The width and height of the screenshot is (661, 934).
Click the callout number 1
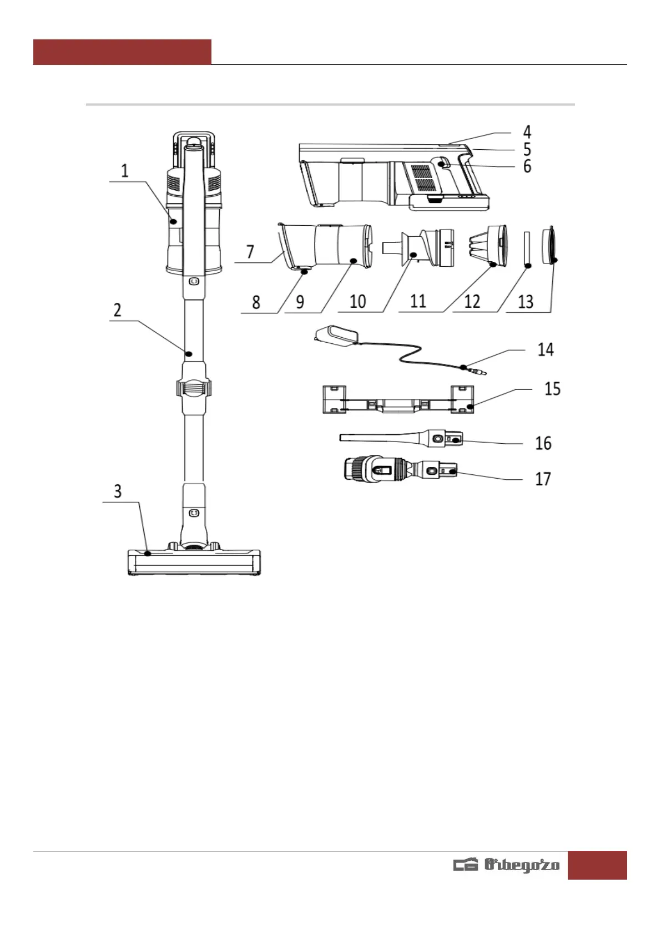click(x=124, y=171)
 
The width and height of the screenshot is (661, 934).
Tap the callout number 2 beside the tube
click(x=118, y=310)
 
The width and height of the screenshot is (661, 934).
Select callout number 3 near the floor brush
click(x=118, y=491)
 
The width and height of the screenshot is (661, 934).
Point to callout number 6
click(x=527, y=166)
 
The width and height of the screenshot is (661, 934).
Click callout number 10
click(x=357, y=302)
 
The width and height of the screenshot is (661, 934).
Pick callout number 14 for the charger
click(x=546, y=349)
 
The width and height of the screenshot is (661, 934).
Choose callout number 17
click(x=543, y=479)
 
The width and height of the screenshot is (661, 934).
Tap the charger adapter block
click(x=337, y=337)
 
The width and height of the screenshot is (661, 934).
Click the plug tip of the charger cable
click(x=478, y=370)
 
